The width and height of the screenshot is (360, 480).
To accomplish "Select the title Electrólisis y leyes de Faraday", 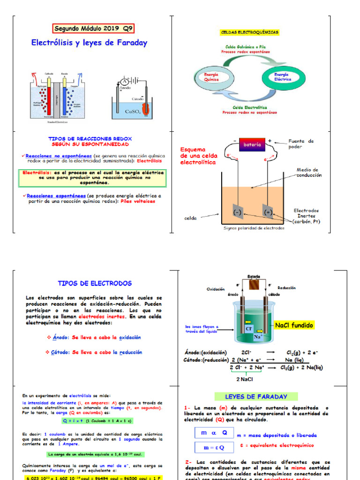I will point(89,43).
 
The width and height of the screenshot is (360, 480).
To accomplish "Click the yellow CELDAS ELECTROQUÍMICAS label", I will point(249,32).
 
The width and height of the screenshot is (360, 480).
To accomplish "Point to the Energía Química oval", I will point(211,77).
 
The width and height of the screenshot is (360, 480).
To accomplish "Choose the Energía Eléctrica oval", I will point(282,77).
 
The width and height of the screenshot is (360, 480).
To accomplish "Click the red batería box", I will point(252,145).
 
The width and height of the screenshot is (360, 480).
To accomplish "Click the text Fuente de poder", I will point(300,143).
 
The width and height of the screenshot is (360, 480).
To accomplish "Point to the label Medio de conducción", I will point(308,172).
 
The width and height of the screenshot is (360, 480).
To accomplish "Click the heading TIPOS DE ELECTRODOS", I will point(95,284).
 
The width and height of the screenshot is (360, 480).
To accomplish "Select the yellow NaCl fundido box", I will point(294,325).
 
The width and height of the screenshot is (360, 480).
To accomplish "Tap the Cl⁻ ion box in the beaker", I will point(249,329).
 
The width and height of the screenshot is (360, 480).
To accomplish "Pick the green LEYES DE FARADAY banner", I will point(256,397).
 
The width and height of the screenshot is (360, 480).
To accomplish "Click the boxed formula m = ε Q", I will point(213,447).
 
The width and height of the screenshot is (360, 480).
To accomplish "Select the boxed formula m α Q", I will point(213,433).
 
